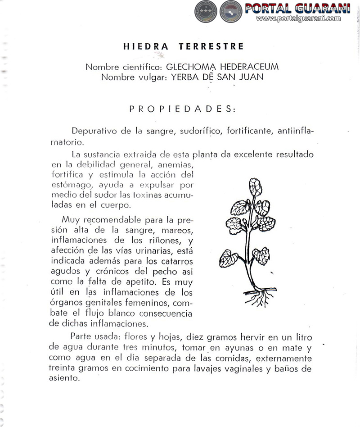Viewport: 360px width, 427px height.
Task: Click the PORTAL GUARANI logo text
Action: (297, 9)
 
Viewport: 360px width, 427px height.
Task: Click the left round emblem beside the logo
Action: (206, 11)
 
